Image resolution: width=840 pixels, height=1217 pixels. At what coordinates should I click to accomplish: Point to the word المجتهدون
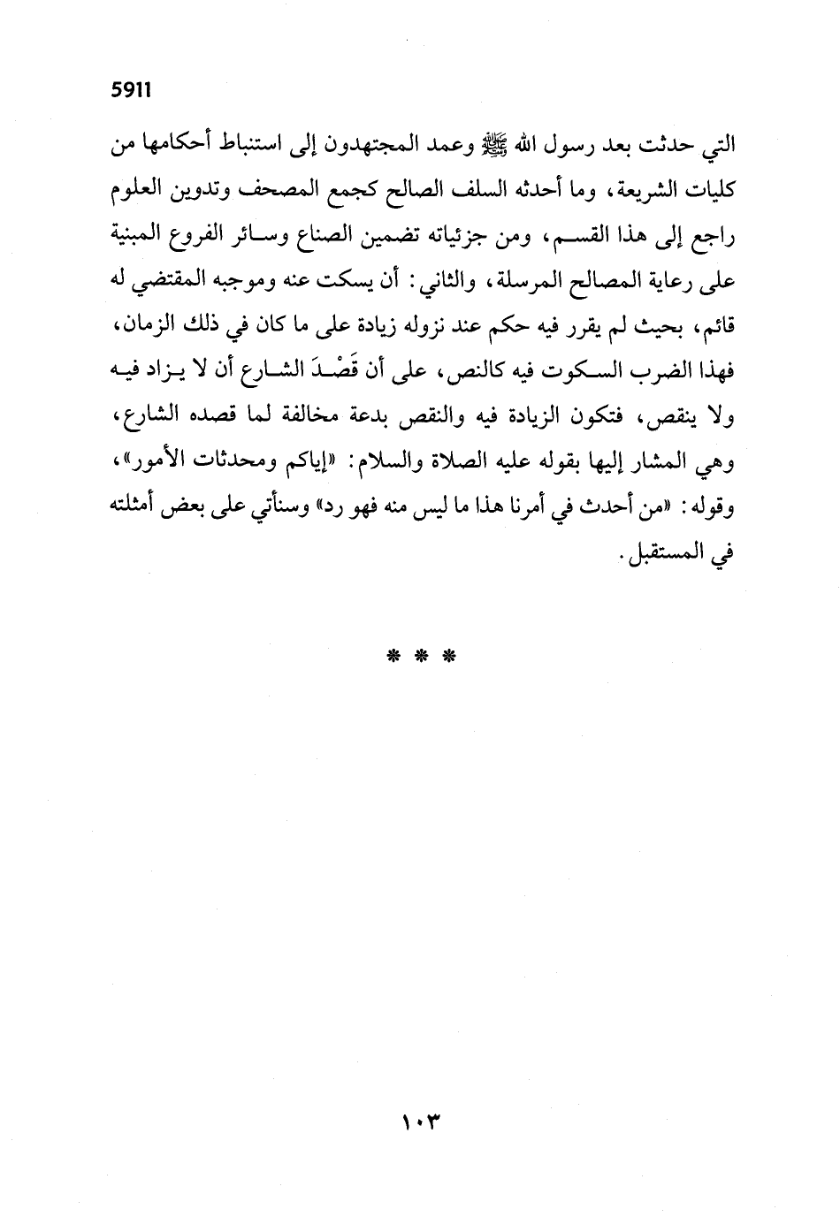(x=403, y=143)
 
